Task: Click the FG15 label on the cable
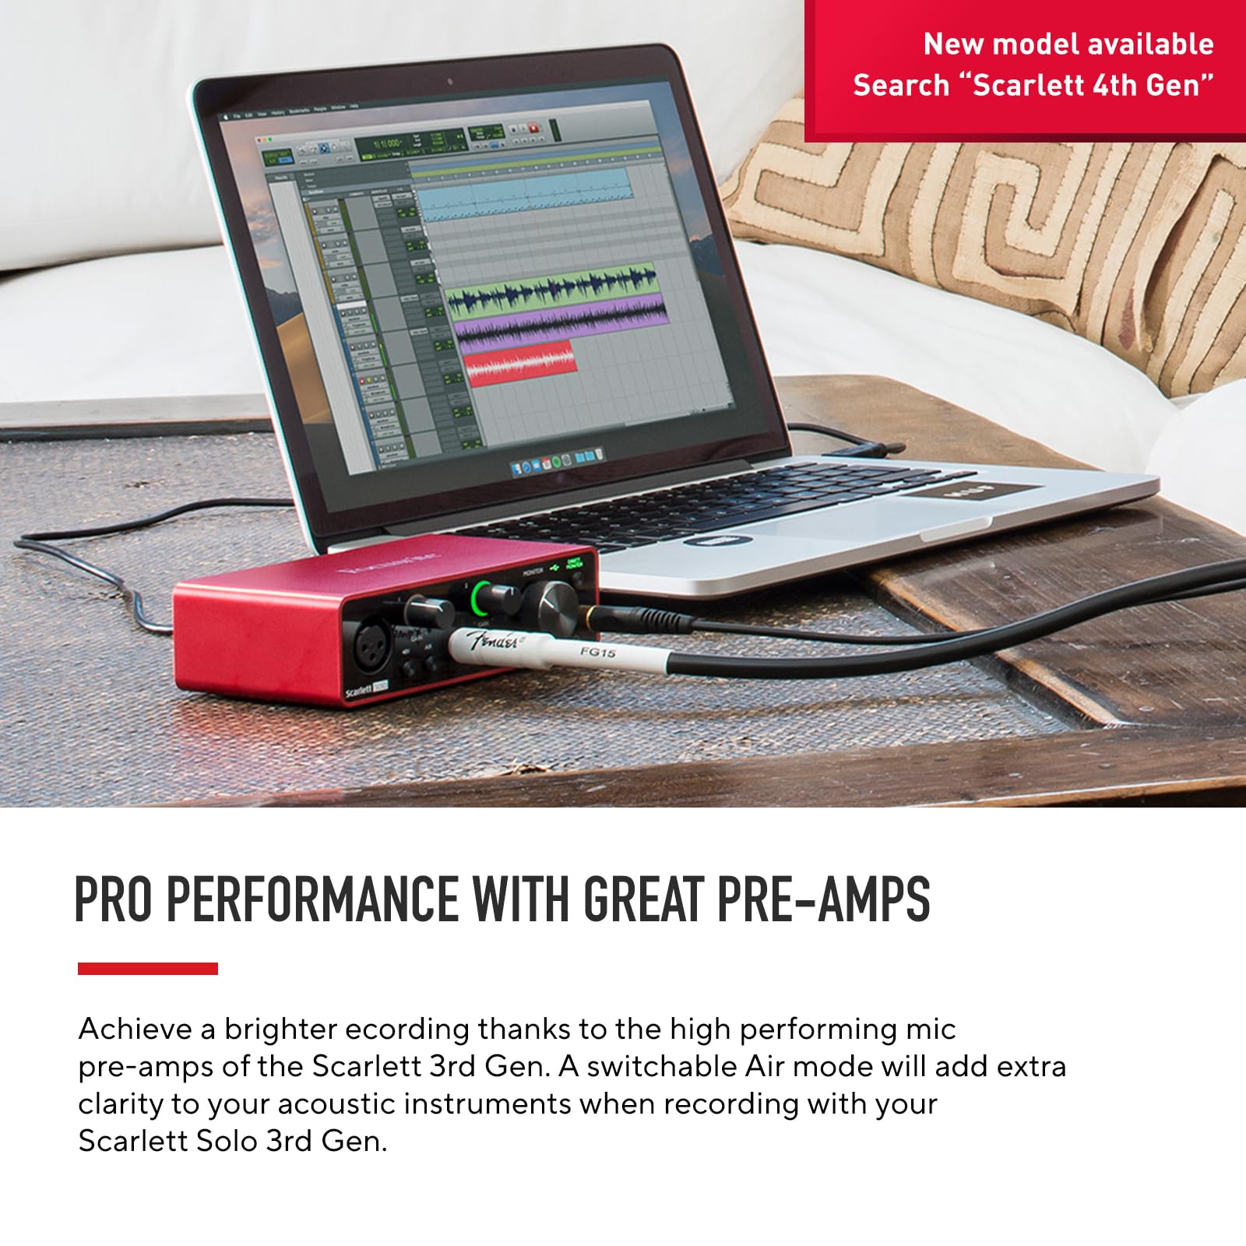point(597,652)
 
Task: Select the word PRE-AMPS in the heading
point(823,899)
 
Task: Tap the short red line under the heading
point(148,968)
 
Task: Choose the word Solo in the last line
point(226,1141)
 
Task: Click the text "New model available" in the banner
point(1068,44)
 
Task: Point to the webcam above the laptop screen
point(450,81)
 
